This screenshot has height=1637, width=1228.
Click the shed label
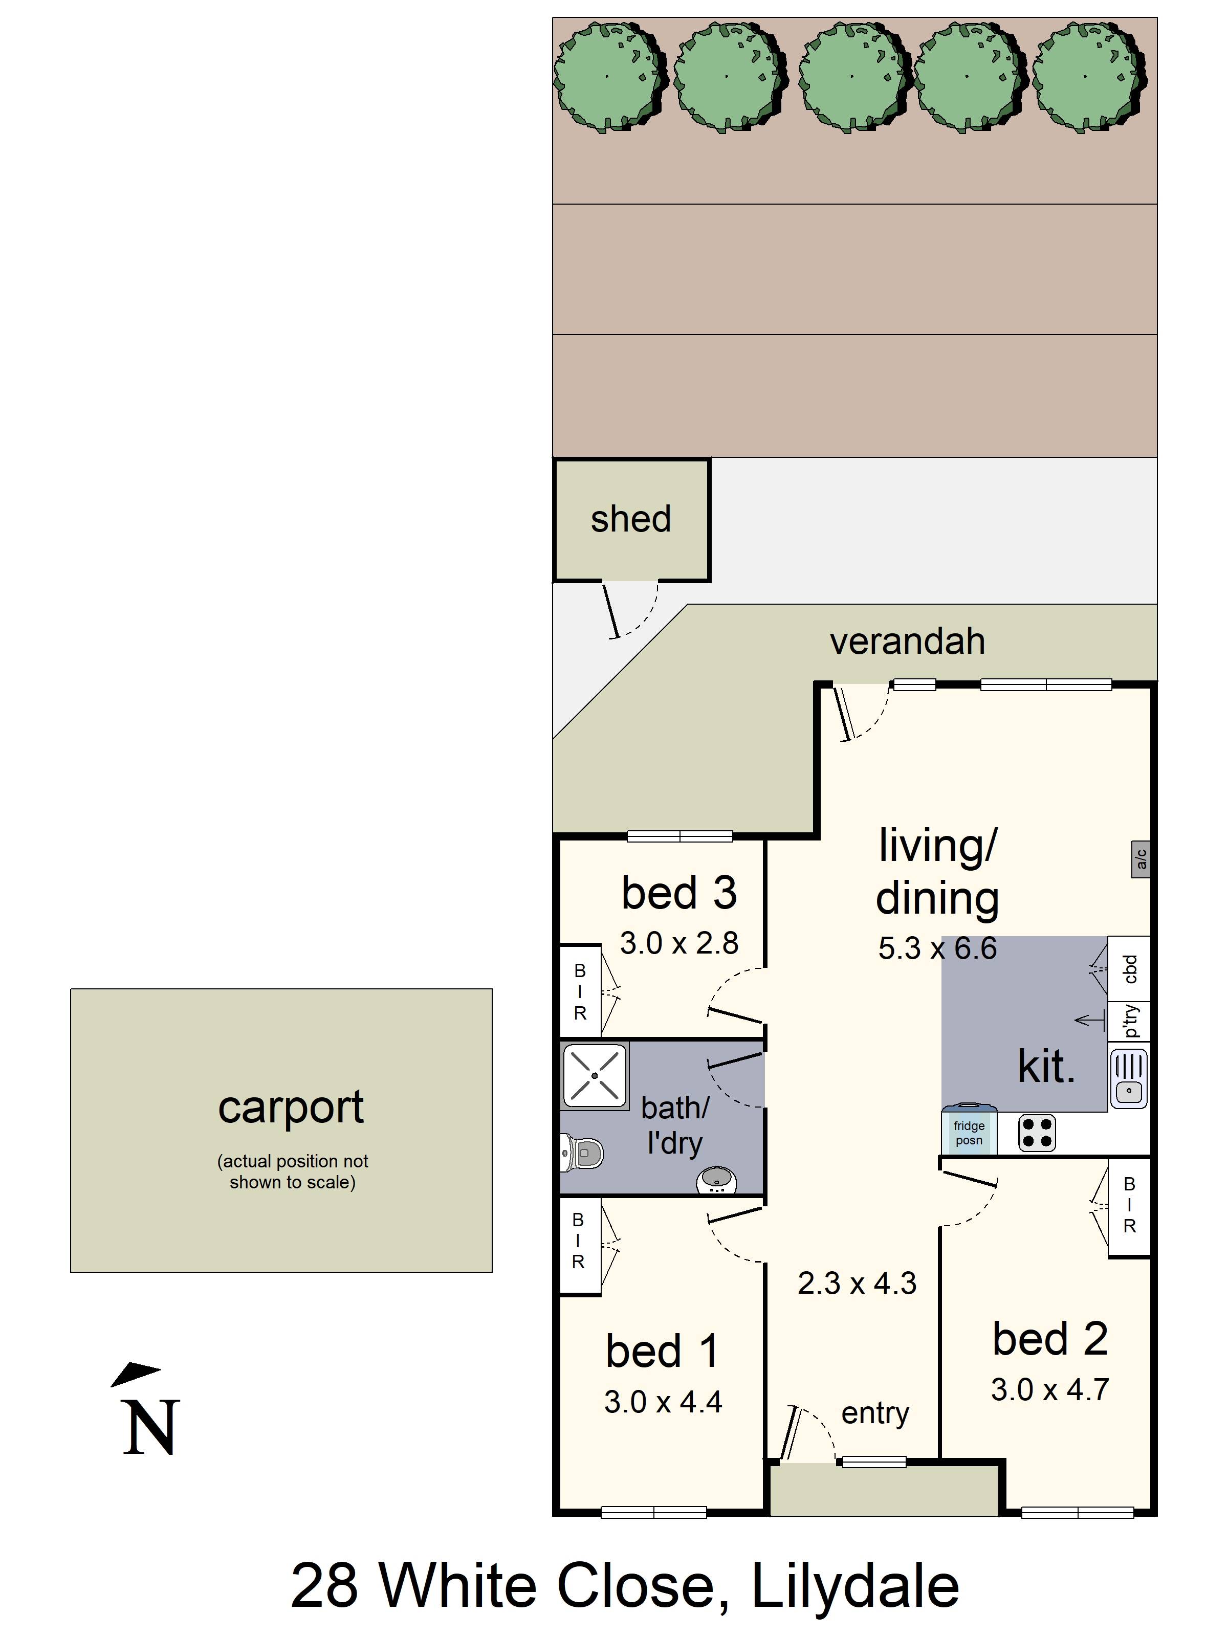[631, 519]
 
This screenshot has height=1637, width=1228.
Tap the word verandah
[908, 641]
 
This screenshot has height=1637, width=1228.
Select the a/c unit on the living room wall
[1141, 859]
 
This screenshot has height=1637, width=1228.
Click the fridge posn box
[969, 1130]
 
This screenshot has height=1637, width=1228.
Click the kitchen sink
[1129, 1078]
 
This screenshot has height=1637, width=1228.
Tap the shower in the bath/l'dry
[595, 1075]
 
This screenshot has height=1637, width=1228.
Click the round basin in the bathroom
[716, 1179]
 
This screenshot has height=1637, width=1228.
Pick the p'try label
[1130, 1021]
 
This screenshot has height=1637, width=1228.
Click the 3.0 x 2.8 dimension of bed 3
[679, 943]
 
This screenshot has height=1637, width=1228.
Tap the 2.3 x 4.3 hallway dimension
[857, 1282]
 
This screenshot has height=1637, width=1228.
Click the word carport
[291, 1108]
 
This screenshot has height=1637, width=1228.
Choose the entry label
[875, 1413]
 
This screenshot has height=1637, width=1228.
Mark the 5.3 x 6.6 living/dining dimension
[937, 948]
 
